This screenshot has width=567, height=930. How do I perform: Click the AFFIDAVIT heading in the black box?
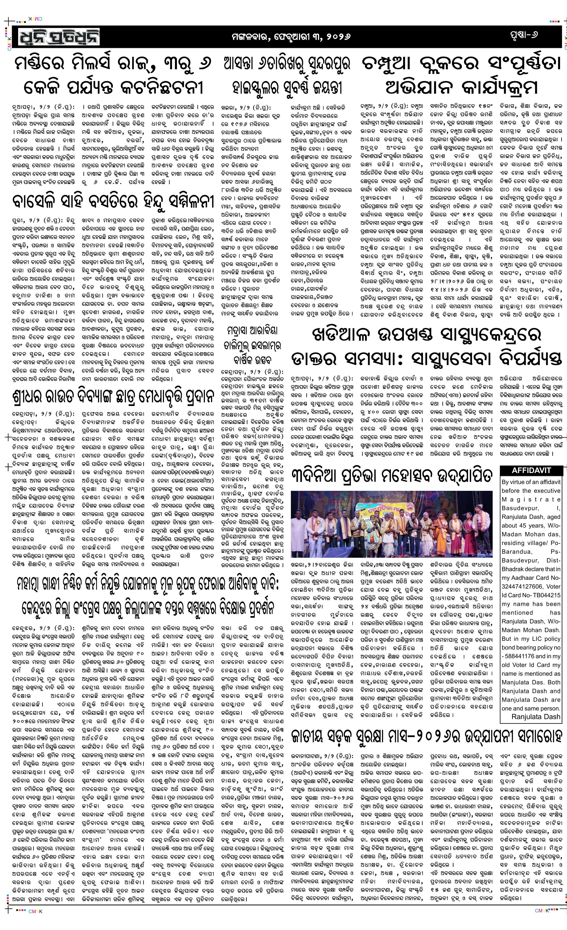(531, 470)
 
